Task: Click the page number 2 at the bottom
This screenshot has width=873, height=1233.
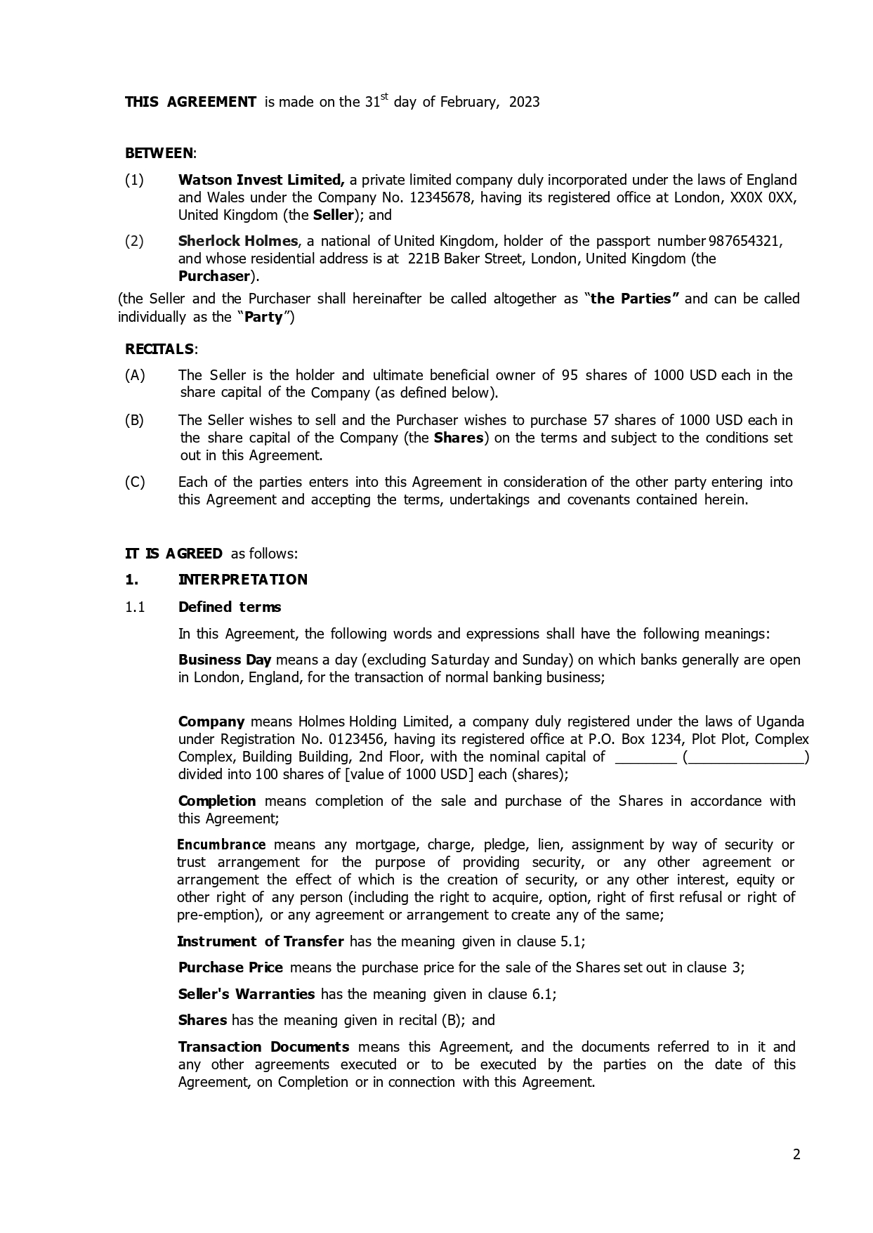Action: (796, 1154)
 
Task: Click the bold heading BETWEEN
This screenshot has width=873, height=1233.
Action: (159, 153)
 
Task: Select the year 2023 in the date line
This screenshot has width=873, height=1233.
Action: (524, 102)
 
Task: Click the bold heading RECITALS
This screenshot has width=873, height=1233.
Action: (159, 349)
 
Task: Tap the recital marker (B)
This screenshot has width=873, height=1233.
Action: (134, 420)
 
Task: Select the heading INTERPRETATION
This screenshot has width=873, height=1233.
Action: (242, 580)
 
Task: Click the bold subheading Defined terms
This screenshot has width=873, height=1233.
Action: (229, 607)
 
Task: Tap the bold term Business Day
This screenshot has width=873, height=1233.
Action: (224, 660)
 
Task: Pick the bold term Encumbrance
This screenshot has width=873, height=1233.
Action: (221, 844)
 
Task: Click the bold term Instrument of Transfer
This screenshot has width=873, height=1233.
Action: (261, 941)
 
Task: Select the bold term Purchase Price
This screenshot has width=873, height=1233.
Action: (230, 967)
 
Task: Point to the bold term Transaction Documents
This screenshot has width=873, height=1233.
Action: (263, 1047)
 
